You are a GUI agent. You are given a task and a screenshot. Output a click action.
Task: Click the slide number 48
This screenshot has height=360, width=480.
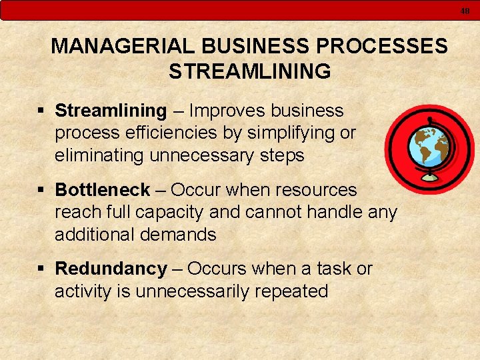465,10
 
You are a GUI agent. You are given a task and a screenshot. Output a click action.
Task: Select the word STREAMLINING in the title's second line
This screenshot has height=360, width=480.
249,71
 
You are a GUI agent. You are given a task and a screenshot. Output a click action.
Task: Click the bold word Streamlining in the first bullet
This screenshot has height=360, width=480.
111,110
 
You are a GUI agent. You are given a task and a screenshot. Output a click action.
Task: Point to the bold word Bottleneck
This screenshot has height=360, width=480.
103,190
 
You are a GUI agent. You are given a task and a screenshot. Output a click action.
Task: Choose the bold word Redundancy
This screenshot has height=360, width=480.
111,269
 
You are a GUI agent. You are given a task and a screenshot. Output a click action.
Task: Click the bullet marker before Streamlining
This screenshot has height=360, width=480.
42,111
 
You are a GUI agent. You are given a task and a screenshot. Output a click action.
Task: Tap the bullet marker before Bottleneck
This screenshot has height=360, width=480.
42,191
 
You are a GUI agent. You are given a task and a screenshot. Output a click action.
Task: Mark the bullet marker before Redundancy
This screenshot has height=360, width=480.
42,269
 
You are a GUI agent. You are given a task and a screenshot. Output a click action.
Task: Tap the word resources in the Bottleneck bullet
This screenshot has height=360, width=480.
317,190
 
